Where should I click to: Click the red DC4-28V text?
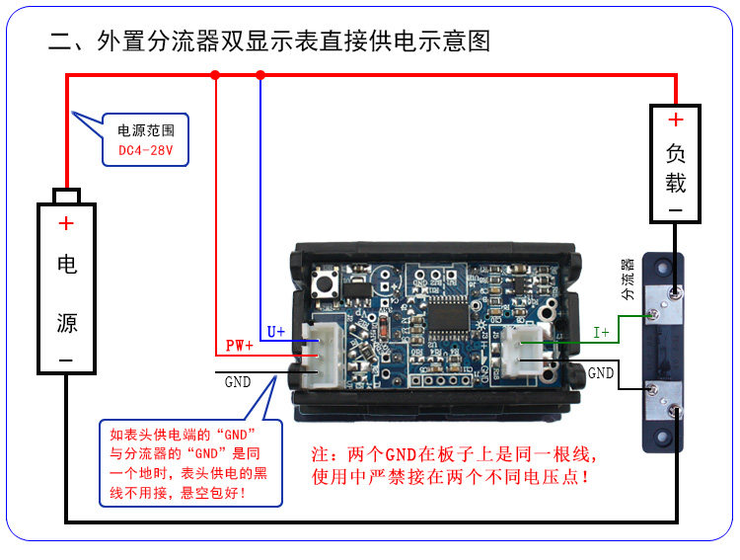(145, 151)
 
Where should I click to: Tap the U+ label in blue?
(276, 332)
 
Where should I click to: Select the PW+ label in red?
(240, 346)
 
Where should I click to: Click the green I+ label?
(601, 333)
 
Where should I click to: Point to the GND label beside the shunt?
(601, 373)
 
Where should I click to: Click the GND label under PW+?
(238, 382)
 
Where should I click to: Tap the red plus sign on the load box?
(675, 120)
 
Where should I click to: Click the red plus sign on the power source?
(66, 224)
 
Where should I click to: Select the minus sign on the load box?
(675, 210)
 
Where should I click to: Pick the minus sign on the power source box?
(66, 361)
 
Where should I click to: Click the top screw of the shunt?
(673, 292)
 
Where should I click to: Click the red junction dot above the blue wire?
(260, 74)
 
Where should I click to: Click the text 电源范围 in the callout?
(145, 129)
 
